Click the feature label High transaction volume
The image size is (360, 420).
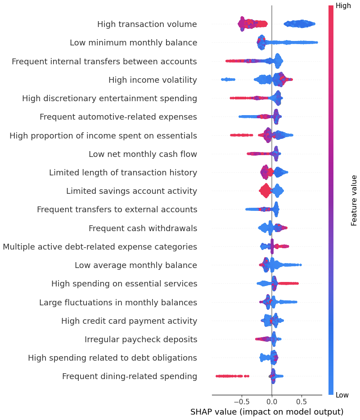point(147,24)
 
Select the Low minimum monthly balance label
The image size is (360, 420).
point(133,43)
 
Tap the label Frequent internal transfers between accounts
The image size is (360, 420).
point(104,61)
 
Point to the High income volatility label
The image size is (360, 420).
point(153,80)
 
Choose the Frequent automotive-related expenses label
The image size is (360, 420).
point(118,117)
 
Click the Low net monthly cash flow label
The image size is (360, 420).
point(143,154)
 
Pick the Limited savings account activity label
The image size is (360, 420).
point(131,191)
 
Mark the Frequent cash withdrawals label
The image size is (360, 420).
point(143,228)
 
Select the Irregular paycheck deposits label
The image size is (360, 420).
point(141,340)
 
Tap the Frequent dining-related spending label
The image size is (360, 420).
point(130,376)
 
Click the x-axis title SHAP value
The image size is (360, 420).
point(267,412)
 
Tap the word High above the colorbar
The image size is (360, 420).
point(343,6)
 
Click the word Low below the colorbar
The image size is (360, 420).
point(342,395)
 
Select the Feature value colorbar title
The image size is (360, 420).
point(354,200)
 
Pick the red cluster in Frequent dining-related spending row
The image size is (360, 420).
point(230,376)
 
